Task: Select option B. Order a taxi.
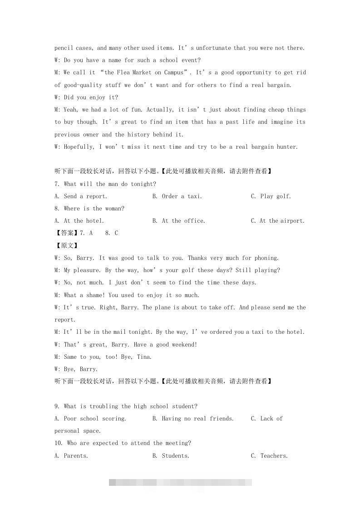point(177,196)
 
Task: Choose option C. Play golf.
point(271,196)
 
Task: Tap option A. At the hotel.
point(79,221)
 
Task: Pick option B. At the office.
point(179,221)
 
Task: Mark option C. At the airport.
point(277,221)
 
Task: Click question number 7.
point(57,184)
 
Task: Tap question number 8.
point(57,209)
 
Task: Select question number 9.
point(57,406)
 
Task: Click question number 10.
point(58,443)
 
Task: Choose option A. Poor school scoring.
point(90,419)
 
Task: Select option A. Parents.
point(71,456)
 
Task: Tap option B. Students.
point(171,456)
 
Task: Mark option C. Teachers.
point(269,456)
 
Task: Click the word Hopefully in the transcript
point(79,147)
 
